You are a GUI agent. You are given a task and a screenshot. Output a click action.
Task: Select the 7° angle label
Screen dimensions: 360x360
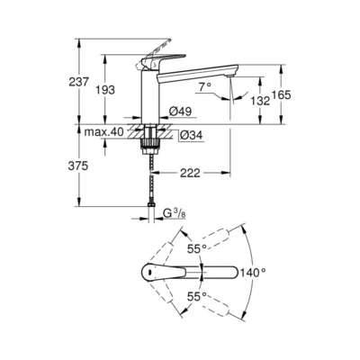(203, 86)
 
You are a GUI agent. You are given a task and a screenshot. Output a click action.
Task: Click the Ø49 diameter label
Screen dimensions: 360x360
(180, 112)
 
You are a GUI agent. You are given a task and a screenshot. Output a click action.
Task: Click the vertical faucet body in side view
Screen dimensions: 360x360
(149, 94)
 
